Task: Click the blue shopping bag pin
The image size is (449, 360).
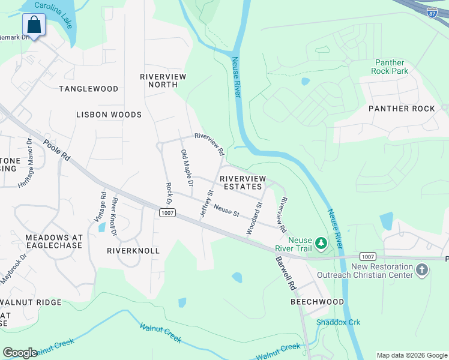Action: coord(34,25)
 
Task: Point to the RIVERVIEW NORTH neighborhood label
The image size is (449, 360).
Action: coord(163,80)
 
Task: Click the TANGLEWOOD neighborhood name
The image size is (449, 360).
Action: coord(89,89)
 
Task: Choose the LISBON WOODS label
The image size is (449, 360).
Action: coord(109,114)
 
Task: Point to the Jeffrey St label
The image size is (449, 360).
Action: coord(206,203)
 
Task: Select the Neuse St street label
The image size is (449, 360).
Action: coord(227,212)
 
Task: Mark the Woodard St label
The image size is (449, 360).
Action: coord(255,218)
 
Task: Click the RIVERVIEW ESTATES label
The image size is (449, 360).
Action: coord(241,182)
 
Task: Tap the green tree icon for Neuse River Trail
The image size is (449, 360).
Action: coord(321,242)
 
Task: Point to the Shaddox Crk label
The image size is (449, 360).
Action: coord(339,322)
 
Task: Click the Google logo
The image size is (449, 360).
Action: coord(19,353)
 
